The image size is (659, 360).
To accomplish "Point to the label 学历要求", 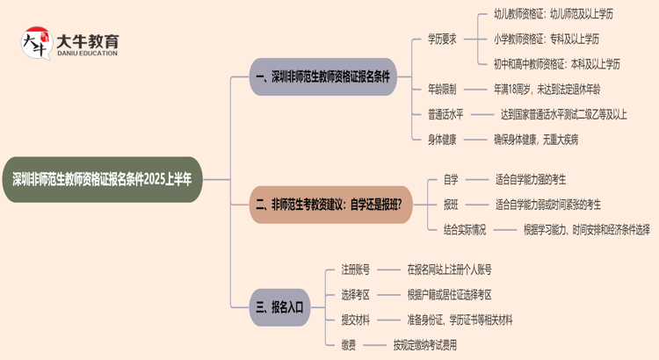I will pyautogui.click(x=442, y=39).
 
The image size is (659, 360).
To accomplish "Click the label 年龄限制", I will pyautogui.click(x=442, y=89).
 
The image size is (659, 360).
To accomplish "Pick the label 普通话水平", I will pyautogui.click(x=445, y=113).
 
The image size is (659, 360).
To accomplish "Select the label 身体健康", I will pyautogui.click(x=442, y=139).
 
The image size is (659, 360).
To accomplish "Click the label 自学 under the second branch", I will pyautogui.click(x=451, y=180).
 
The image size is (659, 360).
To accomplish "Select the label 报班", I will pyautogui.click(x=451, y=205).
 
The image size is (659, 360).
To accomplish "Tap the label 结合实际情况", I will pyautogui.click(x=464, y=230).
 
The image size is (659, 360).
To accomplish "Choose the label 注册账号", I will pyautogui.click(x=356, y=270).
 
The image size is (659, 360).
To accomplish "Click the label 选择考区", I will pyautogui.click(x=356, y=294).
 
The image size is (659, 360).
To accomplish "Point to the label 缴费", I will pyautogui.click(x=349, y=344).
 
